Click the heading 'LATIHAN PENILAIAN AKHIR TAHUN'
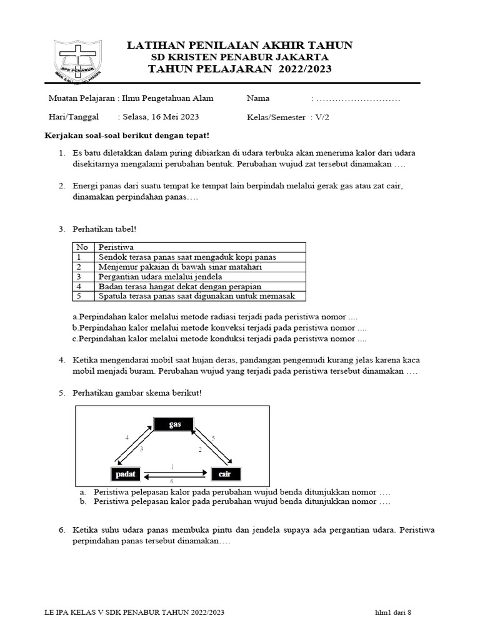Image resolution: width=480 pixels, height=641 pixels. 240,45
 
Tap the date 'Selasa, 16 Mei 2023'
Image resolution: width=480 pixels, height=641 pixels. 161,117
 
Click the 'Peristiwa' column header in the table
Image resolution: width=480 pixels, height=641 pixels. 116,247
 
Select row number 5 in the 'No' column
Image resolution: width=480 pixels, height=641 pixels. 79,296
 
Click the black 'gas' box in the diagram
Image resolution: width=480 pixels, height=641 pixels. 175,425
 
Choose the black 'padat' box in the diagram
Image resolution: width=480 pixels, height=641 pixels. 125,474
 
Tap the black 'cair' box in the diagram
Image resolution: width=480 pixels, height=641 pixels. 225,474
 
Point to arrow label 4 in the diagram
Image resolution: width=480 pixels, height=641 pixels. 127,438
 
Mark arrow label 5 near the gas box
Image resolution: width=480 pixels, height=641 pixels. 213,438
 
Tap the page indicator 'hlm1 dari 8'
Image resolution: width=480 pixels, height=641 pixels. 393,612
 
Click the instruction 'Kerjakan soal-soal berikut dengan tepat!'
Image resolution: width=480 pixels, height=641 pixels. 126,136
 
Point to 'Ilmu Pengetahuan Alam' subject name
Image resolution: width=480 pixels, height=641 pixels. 168,99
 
